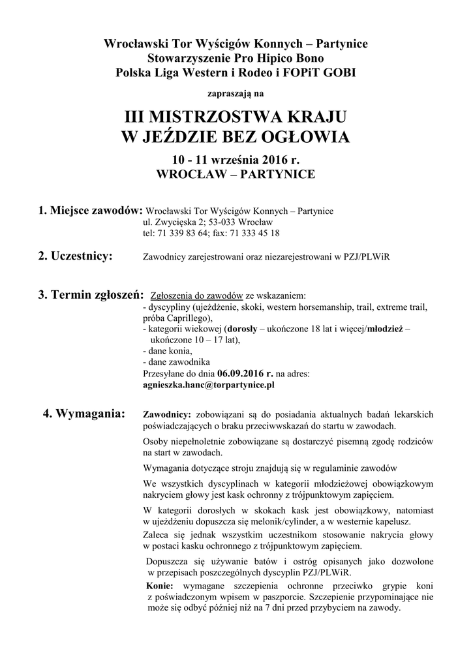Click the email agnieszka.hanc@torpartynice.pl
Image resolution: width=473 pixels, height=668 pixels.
coord(208,385)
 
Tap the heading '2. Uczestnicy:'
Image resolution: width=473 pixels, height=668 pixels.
coord(75,255)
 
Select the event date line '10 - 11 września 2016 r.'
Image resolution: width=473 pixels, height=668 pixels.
coord(236,160)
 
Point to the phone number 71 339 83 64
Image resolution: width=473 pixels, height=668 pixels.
coord(183,233)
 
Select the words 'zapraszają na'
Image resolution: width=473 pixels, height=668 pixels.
coord(236,93)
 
